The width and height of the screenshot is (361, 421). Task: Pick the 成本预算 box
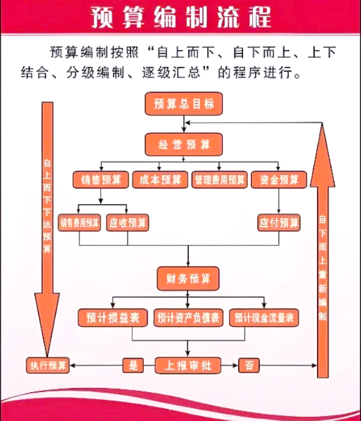click(x=159, y=179)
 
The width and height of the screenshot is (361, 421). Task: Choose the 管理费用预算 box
click(x=220, y=179)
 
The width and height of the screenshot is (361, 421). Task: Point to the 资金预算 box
click(x=279, y=179)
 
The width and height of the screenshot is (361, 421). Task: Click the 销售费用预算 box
click(x=79, y=222)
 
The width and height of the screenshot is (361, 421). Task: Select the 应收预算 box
click(x=128, y=222)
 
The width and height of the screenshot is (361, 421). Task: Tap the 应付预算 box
click(x=279, y=222)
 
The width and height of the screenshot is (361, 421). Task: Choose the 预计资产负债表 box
click(x=189, y=317)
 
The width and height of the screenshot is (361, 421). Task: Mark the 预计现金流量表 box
click(x=264, y=317)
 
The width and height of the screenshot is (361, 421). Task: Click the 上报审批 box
click(x=188, y=364)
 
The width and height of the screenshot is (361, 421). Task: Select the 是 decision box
click(x=134, y=364)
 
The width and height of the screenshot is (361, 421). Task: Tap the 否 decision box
click(x=249, y=364)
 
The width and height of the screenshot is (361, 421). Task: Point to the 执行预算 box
click(x=48, y=364)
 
